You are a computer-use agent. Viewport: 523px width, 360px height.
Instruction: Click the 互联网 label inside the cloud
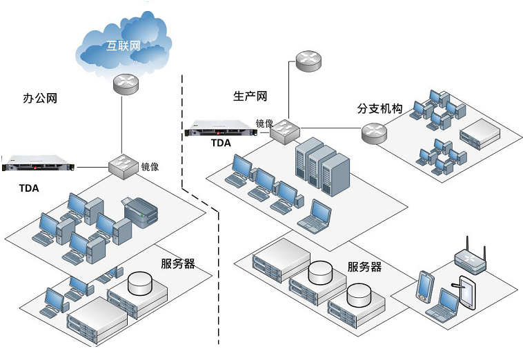[x=124, y=48]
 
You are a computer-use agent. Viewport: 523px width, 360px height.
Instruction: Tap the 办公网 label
[x=40, y=99]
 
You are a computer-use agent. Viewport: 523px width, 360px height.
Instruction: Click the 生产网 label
[x=250, y=96]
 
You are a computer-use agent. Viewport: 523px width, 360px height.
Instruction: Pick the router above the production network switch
[x=308, y=61]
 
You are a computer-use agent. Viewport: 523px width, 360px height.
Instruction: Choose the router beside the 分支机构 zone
[x=373, y=132]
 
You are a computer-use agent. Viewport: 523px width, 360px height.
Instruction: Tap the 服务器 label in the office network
[x=177, y=263]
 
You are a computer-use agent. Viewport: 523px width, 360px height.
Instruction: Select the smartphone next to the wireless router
[x=425, y=286]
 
